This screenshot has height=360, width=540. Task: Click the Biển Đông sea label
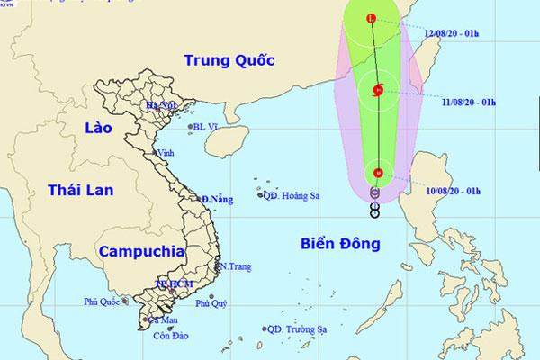point(340,243)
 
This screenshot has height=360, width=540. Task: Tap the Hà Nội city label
point(164,108)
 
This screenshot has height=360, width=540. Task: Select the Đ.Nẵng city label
point(217,198)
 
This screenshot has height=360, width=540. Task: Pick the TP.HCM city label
point(174,283)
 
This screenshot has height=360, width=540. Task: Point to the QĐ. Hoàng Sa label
point(293,194)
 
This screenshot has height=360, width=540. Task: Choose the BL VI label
point(209,127)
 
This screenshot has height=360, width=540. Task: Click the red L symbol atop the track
point(373,18)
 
